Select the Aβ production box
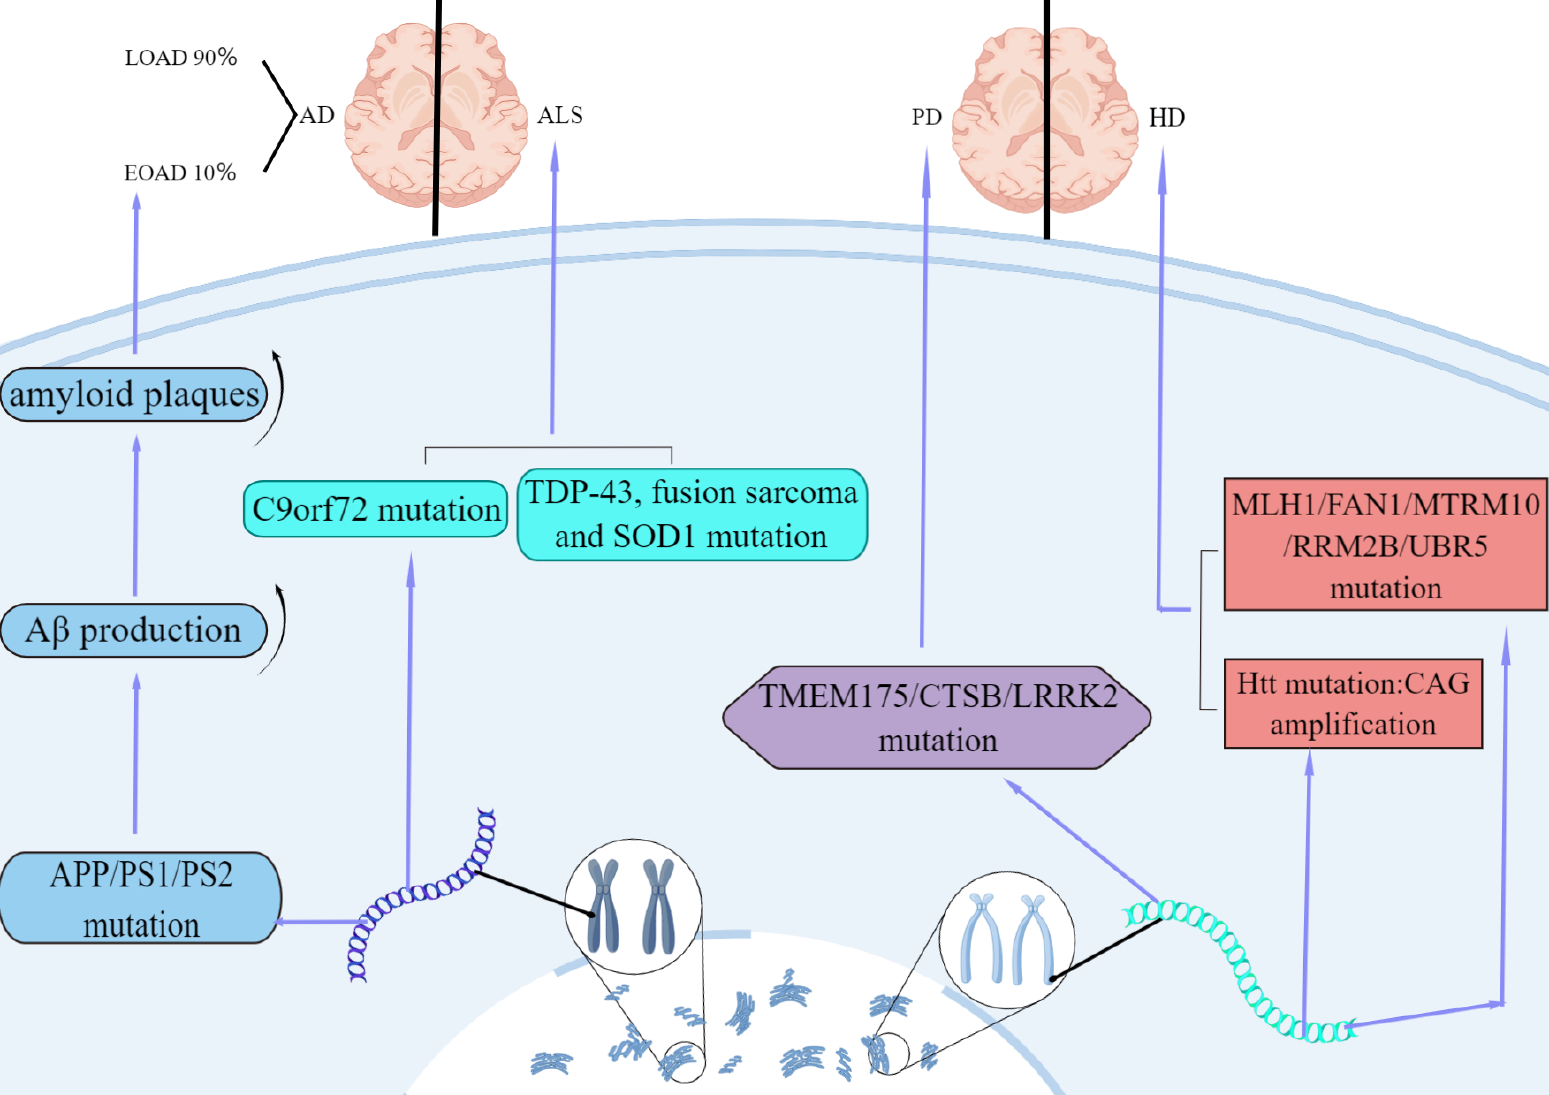click(x=134, y=630)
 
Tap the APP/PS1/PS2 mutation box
click(x=140, y=898)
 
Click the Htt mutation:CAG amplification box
click(x=1353, y=704)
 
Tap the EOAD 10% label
click(x=179, y=173)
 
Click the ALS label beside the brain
click(x=559, y=115)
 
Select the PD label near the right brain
click(x=926, y=117)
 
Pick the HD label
click(x=1166, y=118)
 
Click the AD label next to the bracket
click(x=316, y=115)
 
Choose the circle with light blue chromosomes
click(x=1007, y=939)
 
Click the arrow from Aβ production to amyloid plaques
click(x=136, y=516)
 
